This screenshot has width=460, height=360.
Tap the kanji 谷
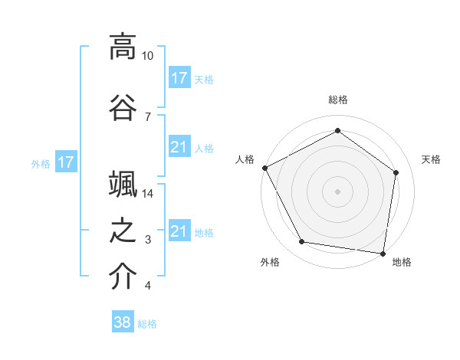click(x=123, y=105)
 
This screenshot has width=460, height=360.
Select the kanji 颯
click(x=123, y=183)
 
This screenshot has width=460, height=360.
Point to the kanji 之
click(x=123, y=231)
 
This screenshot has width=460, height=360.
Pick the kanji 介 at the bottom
click(x=123, y=277)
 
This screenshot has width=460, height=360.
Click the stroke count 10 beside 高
click(x=148, y=56)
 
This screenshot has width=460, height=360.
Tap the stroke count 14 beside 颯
click(x=148, y=194)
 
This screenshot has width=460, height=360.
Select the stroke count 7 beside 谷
click(x=147, y=116)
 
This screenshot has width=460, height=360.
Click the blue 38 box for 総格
click(x=123, y=322)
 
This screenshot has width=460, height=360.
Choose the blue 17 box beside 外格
click(x=65, y=162)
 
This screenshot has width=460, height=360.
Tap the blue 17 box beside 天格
click(x=179, y=77)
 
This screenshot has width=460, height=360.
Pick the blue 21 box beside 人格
click(x=179, y=147)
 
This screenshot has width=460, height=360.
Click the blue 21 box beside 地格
click(x=179, y=231)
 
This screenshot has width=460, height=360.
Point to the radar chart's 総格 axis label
click(x=338, y=100)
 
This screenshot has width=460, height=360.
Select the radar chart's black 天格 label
click(x=432, y=159)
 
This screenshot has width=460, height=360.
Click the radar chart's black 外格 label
click(x=270, y=262)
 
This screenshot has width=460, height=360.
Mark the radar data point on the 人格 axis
click(x=264, y=168)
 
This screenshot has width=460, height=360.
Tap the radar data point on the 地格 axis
click(x=383, y=253)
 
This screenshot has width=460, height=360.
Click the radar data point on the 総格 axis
click(x=337, y=130)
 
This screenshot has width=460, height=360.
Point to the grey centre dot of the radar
click(x=337, y=191)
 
